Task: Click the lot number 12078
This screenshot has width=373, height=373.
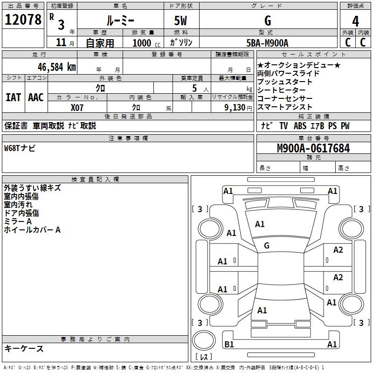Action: [x=23, y=20]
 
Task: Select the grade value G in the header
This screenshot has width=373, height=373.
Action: [x=268, y=21]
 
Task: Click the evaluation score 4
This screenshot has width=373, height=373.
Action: [x=355, y=21]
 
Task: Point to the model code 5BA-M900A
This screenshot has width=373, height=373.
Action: [x=267, y=43]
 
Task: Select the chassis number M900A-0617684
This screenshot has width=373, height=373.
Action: [x=313, y=149]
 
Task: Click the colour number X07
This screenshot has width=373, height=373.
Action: [x=77, y=107]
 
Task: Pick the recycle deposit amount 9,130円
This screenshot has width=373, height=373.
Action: [x=235, y=107]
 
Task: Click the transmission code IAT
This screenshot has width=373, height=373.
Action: [x=13, y=97]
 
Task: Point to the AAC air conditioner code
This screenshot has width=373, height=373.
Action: [x=35, y=97]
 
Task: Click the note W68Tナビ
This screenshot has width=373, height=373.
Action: [x=20, y=148]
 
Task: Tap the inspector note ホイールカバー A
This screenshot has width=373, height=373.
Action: [x=32, y=230]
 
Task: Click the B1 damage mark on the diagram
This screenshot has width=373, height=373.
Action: [x=229, y=344]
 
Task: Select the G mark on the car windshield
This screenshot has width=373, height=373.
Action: [x=267, y=245]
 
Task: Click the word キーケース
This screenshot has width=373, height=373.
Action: [x=24, y=349]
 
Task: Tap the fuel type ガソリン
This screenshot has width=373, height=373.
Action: [x=181, y=43]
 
